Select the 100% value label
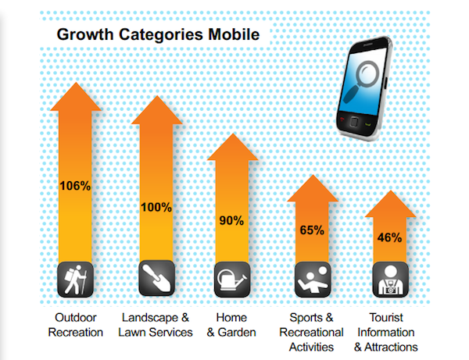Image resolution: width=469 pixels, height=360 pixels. coord(156,207)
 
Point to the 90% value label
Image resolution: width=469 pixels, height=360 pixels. coord(232,220)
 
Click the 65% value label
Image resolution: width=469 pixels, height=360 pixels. coord(312,230)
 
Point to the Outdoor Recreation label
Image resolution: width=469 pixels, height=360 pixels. coord(75,325)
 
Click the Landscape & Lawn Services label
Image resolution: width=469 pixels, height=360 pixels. coord(156,325)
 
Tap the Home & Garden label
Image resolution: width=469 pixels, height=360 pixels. coord(232,325)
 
